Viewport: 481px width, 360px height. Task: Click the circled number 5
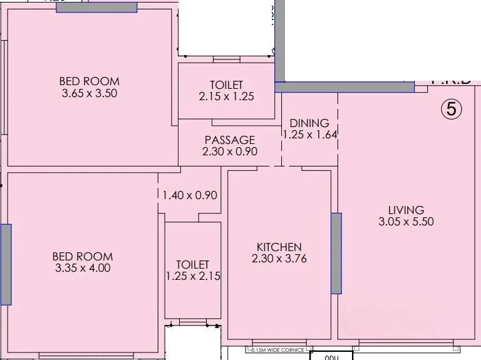click(452, 109)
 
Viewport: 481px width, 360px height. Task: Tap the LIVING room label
click(405, 210)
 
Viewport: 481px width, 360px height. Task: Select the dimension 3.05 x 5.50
click(405, 222)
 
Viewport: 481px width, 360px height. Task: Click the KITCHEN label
click(279, 247)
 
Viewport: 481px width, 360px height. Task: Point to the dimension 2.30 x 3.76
click(279, 259)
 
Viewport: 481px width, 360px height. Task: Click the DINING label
click(309, 123)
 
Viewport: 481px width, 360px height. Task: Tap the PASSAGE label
click(230, 140)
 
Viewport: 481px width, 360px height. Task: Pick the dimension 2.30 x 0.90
click(230, 152)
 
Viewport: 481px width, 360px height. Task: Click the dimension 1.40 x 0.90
click(189, 195)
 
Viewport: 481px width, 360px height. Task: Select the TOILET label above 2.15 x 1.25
click(226, 85)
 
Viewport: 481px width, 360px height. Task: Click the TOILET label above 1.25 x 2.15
click(192, 265)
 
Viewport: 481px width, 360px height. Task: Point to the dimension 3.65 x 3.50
click(89, 93)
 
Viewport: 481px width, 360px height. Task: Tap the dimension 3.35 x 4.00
click(82, 268)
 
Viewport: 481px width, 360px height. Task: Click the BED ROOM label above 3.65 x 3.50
click(89, 81)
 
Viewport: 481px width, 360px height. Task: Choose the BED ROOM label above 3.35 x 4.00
click(82, 256)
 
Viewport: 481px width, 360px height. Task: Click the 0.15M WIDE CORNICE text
click(277, 350)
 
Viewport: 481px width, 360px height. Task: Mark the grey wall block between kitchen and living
click(336, 253)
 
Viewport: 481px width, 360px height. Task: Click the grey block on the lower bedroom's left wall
click(6, 264)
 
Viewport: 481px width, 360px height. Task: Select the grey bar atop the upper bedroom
click(96, 7)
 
